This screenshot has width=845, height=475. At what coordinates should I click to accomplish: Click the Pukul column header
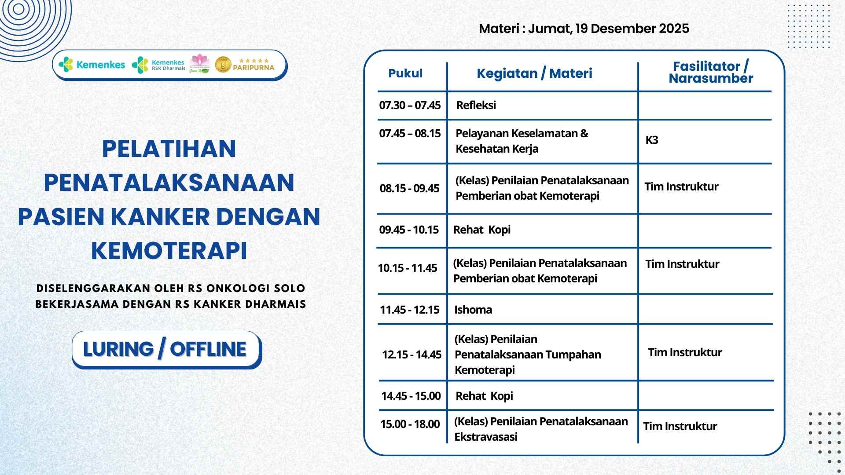405,73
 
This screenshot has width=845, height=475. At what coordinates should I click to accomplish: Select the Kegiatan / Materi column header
534,73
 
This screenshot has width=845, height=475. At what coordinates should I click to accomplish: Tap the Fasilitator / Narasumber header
711,72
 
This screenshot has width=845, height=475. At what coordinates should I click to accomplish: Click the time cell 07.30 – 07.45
410,105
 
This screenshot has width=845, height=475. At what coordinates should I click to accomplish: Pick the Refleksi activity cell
476,105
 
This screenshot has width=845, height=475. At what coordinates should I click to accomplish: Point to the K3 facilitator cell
652,140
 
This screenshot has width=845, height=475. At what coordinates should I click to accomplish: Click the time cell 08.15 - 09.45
409,188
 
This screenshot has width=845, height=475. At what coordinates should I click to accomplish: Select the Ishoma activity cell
473,310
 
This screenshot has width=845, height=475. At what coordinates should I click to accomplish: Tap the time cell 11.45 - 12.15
410,310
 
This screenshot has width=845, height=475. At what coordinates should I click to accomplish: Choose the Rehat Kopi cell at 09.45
482,230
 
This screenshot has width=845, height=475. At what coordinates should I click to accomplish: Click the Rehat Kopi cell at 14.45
484,396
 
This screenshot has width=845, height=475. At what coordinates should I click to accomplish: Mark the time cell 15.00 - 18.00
410,424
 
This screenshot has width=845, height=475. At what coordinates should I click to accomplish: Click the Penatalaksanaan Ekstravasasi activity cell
541,429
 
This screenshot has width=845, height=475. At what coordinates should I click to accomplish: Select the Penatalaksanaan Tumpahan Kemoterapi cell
528,354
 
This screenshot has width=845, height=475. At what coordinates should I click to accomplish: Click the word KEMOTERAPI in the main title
169,250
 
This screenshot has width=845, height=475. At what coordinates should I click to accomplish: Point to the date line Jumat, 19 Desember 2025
608,29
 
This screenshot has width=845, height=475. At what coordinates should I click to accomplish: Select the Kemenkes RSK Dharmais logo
158,65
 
